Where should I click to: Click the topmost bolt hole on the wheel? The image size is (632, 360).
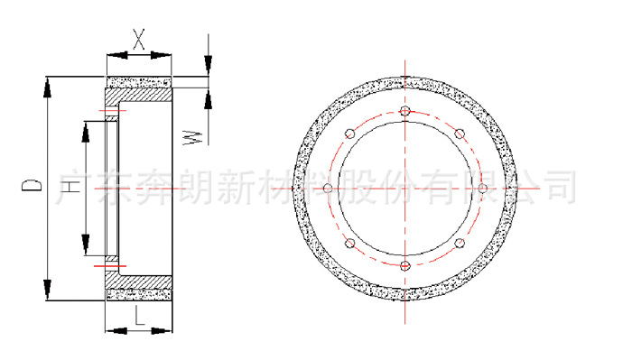[x=404, y=110]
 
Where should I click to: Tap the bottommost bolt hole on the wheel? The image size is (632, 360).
[x=404, y=265]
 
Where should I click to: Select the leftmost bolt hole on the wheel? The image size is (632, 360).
[x=327, y=188]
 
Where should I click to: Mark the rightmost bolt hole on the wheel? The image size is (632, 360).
[x=482, y=188]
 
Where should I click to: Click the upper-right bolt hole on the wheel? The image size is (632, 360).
[x=460, y=134]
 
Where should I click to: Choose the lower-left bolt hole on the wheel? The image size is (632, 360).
[x=349, y=243]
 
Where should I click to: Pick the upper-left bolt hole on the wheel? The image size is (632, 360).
[x=349, y=134]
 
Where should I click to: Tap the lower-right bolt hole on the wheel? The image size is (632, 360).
[x=460, y=243]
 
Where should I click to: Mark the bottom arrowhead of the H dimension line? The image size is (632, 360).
[x=87, y=245]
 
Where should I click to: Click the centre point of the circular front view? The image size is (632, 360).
[x=404, y=188]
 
